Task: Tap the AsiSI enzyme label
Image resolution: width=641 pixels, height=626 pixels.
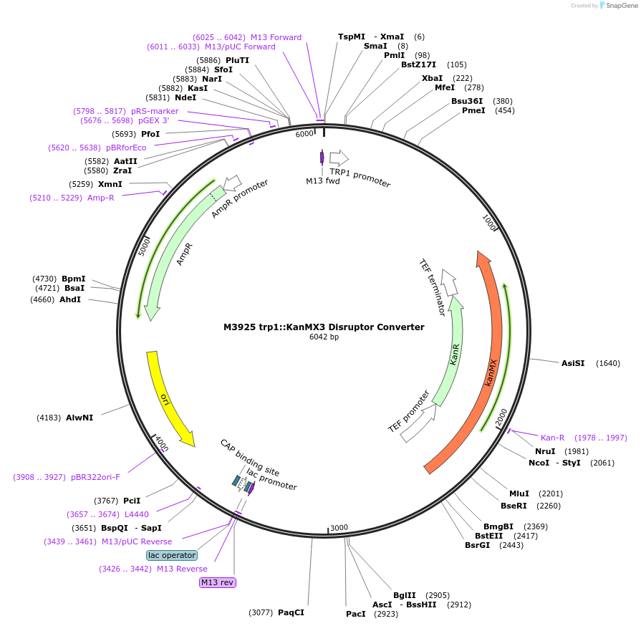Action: (573, 363)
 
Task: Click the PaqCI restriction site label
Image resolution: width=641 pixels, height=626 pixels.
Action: (291, 612)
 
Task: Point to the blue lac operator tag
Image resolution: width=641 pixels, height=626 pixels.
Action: (172, 555)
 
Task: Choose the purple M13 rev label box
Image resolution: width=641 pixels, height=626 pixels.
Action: (217, 582)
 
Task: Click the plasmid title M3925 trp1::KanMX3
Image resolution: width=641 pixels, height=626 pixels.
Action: (324, 327)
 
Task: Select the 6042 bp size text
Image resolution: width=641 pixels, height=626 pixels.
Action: (324, 337)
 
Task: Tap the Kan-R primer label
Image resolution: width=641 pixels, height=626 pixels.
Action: (552, 438)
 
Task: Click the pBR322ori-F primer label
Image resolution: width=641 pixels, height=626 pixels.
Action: (95, 476)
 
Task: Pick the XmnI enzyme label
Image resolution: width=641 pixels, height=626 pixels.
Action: (110, 184)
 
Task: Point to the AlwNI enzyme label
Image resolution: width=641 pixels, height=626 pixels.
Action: (79, 417)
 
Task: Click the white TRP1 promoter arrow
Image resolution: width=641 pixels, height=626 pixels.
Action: (339, 158)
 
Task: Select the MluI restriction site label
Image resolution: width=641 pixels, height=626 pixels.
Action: (519, 493)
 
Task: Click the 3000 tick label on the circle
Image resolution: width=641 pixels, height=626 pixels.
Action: (339, 528)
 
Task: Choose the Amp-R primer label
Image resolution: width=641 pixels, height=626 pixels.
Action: (101, 198)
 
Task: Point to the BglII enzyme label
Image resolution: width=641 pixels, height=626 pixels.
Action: (404, 595)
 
